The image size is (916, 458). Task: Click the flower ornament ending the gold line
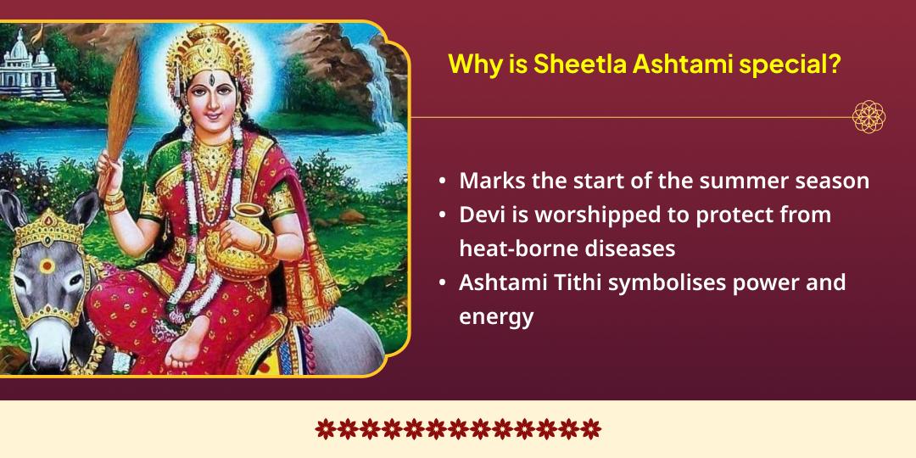(869, 117)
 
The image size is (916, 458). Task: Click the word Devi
(480, 215)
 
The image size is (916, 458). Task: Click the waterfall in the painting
(377, 81)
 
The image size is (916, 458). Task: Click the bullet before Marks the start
(443, 182)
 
